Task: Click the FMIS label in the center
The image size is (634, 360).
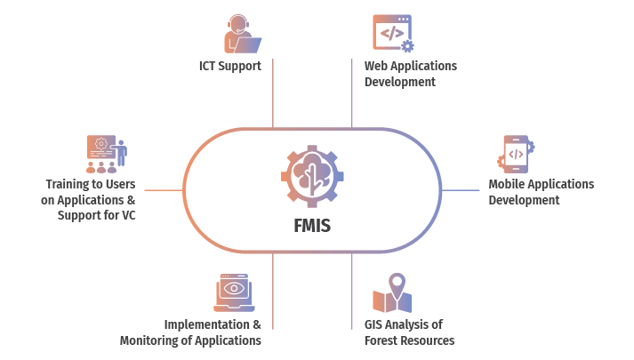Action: [x=312, y=225]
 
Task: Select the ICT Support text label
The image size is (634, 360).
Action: [x=229, y=66]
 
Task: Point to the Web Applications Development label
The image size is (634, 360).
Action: [x=410, y=74]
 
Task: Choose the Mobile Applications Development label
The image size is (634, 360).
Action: [x=541, y=192]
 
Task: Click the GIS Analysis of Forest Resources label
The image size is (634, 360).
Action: [x=409, y=332]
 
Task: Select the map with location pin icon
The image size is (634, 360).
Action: [x=391, y=294]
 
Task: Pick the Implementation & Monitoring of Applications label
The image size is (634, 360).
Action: [x=191, y=332]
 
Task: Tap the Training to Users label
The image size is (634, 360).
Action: [x=89, y=199]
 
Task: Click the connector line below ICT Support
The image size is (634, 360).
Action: [x=273, y=93]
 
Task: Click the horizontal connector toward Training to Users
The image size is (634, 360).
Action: [x=165, y=190]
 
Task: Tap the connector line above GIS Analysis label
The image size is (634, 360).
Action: [x=352, y=280]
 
